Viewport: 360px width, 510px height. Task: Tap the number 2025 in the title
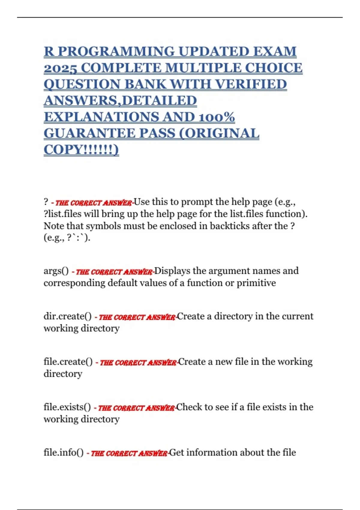[61, 68]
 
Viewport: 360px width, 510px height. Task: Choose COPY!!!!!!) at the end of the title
[81, 149]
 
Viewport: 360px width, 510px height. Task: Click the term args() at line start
[56, 271]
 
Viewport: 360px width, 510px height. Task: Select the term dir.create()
[67, 316]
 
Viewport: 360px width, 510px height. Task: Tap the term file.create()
[68, 361]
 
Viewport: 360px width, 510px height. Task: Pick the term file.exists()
[67, 407]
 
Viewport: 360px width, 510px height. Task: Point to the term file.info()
[64, 452]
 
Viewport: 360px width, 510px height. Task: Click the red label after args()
[113, 272]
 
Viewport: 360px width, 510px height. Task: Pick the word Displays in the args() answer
[172, 271]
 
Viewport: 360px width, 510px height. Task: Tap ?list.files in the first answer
[62, 214]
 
